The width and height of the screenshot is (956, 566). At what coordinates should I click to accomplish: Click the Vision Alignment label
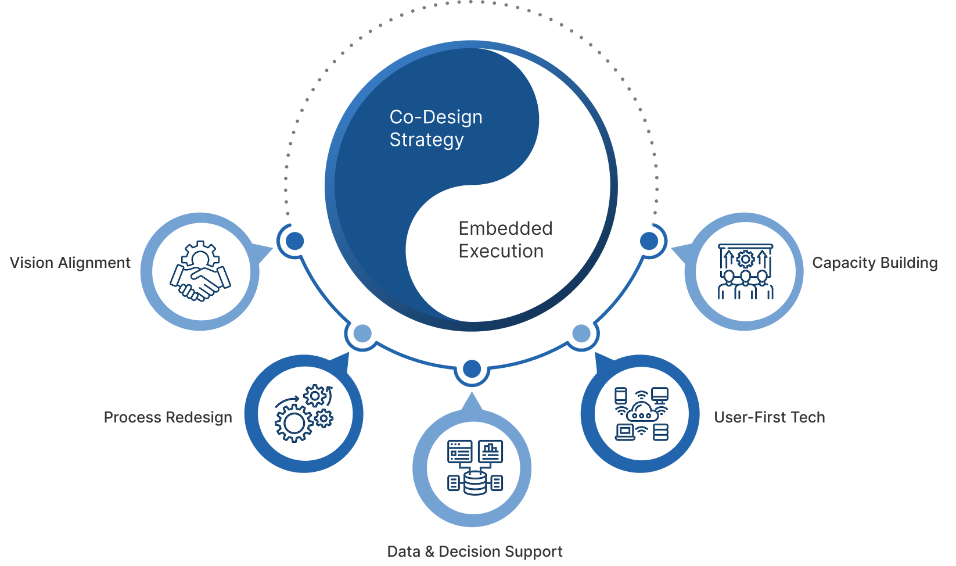tap(70, 263)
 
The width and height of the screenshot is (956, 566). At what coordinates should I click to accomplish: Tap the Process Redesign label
tap(168, 417)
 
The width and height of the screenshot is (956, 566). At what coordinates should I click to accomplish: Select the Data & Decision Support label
tap(475, 551)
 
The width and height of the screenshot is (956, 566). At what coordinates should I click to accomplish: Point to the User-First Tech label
tap(769, 417)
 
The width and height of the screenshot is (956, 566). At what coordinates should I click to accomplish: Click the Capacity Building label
tap(875, 263)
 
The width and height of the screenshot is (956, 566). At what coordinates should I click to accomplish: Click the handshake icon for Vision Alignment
tap(200, 271)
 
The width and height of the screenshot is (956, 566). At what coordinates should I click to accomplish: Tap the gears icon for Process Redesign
tap(304, 413)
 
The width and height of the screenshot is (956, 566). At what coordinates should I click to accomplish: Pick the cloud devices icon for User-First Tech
tap(641, 414)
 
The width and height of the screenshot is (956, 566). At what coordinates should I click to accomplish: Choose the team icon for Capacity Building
tap(746, 271)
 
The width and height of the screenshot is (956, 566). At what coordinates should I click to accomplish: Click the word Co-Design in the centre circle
tap(436, 117)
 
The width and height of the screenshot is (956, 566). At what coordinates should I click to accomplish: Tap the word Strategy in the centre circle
tap(426, 140)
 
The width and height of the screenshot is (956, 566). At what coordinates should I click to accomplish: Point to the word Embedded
tap(505, 228)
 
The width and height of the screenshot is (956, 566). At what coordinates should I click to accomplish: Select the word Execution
tap(501, 251)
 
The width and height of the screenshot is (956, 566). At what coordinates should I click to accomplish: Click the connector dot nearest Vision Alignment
tap(294, 241)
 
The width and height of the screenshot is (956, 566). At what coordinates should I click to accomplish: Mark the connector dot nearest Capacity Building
tap(649, 241)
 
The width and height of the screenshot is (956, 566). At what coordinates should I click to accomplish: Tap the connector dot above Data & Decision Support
tap(472, 368)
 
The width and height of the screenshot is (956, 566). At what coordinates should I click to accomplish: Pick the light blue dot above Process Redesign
tap(362, 334)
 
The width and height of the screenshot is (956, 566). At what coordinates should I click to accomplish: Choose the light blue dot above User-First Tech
tap(581, 334)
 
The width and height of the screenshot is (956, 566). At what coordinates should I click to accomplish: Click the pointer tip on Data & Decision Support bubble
tap(472, 395)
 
